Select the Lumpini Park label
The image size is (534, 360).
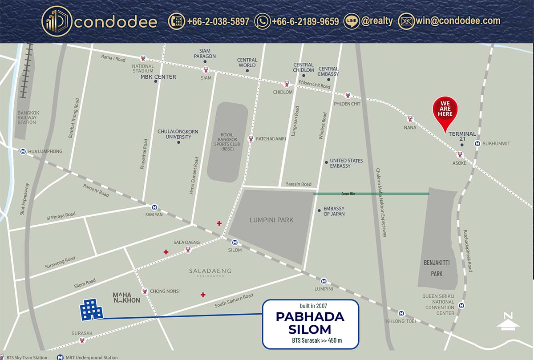[271, 220]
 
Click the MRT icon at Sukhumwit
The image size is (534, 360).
[477, 144]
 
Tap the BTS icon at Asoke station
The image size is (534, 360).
[460, 155]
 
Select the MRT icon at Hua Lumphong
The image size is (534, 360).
[22, 151]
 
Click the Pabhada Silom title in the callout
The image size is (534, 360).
[310, 323]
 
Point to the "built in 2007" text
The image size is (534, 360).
[310, 306]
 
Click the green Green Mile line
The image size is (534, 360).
[371, 194]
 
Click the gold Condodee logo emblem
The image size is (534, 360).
[56, 21]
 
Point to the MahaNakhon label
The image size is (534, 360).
[126, 297]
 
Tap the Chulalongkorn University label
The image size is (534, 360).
[178, 134]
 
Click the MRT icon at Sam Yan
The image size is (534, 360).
[154, 207]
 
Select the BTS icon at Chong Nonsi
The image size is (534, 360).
[144, 291]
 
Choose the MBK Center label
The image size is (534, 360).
[158, 77]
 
